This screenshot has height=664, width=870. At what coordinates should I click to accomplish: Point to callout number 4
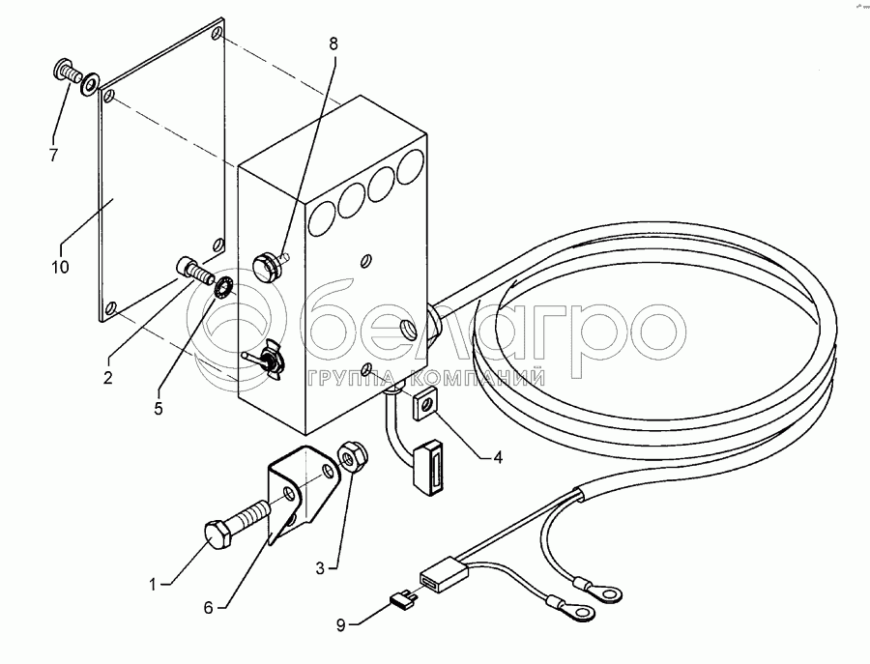tap(497, 457)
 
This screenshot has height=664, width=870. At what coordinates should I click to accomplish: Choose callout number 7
tap(54, 154)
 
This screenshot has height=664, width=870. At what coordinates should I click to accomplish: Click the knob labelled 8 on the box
tap(266, 262)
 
